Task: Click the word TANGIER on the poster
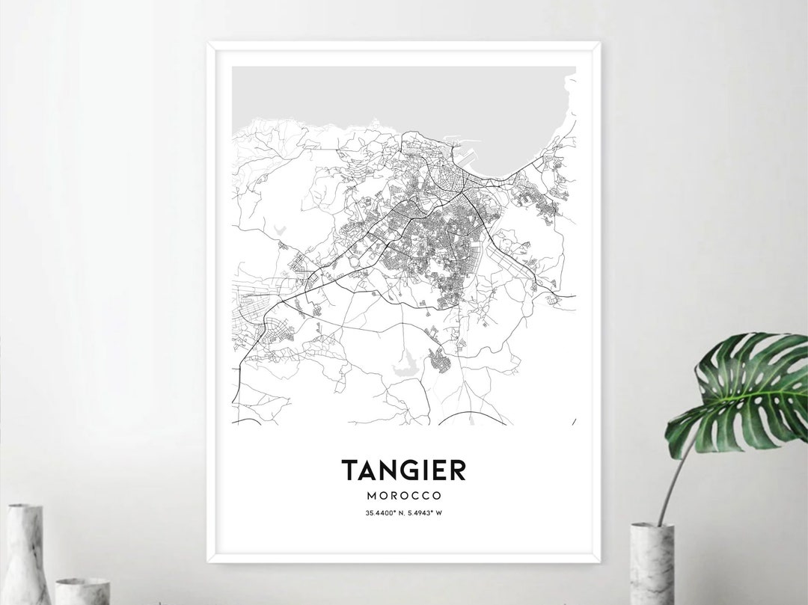click(404, 470)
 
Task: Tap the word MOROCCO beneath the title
click(404, 496)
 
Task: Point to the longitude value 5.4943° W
click(424, 512)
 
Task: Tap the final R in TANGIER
click(457, 470)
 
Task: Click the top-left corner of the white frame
click(209, 43)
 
